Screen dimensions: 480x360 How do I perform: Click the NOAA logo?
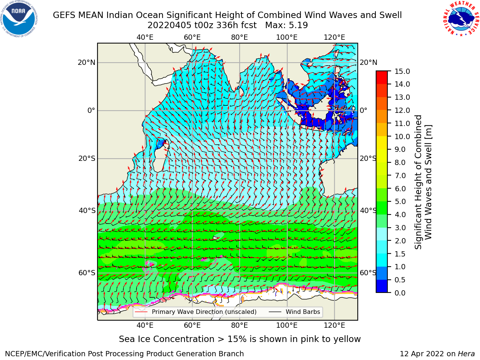click(x=19, y=19)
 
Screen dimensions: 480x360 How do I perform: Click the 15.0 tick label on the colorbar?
click(x=402, y=71)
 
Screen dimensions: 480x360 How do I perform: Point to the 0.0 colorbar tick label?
click(x=400, y=293)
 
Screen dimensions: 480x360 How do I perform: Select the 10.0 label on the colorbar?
click(x=402, y=136)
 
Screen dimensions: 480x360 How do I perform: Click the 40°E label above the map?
click(x=145, y=37)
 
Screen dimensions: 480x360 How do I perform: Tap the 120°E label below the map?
click(x=334, y=325)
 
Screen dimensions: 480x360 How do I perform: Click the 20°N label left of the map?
click(x=87, y=63)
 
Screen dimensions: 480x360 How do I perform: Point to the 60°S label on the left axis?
click(x=87, y=273)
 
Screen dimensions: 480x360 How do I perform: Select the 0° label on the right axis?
click(x=363, y=110)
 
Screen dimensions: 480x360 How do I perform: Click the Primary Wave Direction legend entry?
click(x=196, y=312)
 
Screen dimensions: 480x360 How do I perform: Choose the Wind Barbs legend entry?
click(x=294, y=312)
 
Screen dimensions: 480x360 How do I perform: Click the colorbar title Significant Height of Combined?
click(x=418, y=182)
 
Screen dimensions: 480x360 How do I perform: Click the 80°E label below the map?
click(x=240, y=325)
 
